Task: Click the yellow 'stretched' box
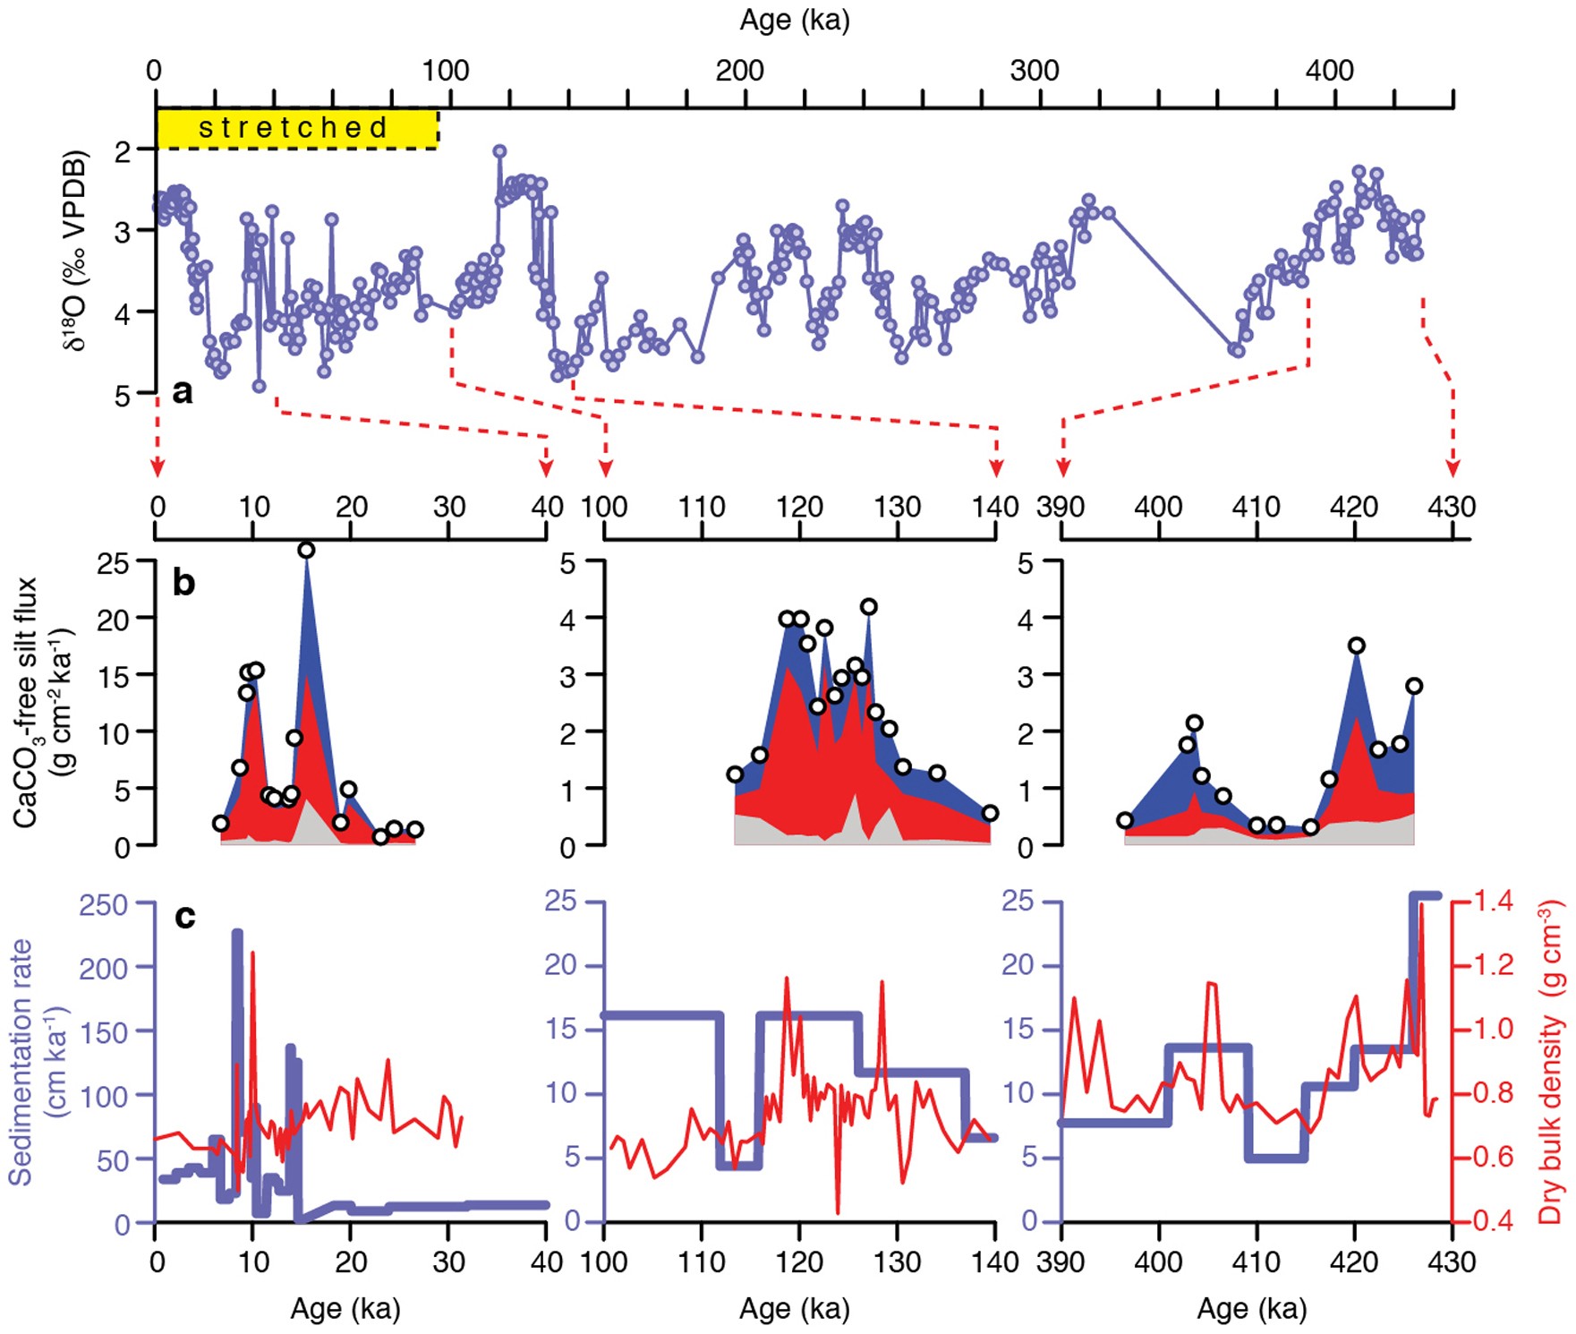[296, 128]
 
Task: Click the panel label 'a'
[182, 391]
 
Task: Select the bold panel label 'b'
[183, 583]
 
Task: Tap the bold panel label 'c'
[184, 916]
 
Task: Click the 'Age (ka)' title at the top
[794, 20]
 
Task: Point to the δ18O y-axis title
[76, 252]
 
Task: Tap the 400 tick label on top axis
[1329, 70]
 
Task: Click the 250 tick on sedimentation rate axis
[104, 904]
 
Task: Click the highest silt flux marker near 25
[306, 551]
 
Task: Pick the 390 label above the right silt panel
[1061, 507]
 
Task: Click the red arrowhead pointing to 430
[1452, 468]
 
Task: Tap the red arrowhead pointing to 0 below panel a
[158, 468]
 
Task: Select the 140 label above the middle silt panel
[995, 507]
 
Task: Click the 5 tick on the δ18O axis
[123, 395]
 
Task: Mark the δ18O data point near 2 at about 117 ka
[499, 151]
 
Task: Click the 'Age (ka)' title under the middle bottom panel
[794, 1309]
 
